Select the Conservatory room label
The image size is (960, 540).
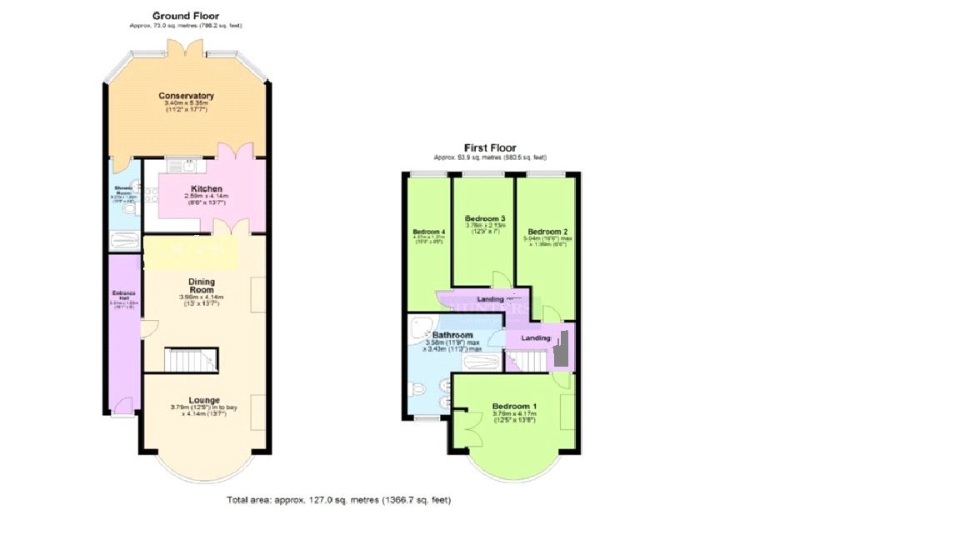coord(187,96)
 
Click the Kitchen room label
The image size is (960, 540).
coord(206,188)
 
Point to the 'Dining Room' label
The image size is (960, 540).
coord(202,286)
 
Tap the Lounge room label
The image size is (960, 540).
coord(204,400)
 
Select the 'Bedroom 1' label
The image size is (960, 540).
coord(514,406)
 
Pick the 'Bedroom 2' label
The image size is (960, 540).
coord(547,231)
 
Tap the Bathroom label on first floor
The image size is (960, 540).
coord(452,335)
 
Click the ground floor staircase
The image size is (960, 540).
coord(190,359)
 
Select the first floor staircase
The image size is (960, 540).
coord(525,360)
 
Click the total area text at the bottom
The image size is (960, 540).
coord(338,500)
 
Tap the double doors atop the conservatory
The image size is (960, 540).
coord(187,50)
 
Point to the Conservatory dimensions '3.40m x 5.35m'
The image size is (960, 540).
coord(187,104)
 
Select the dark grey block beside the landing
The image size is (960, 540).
coord(562,347)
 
